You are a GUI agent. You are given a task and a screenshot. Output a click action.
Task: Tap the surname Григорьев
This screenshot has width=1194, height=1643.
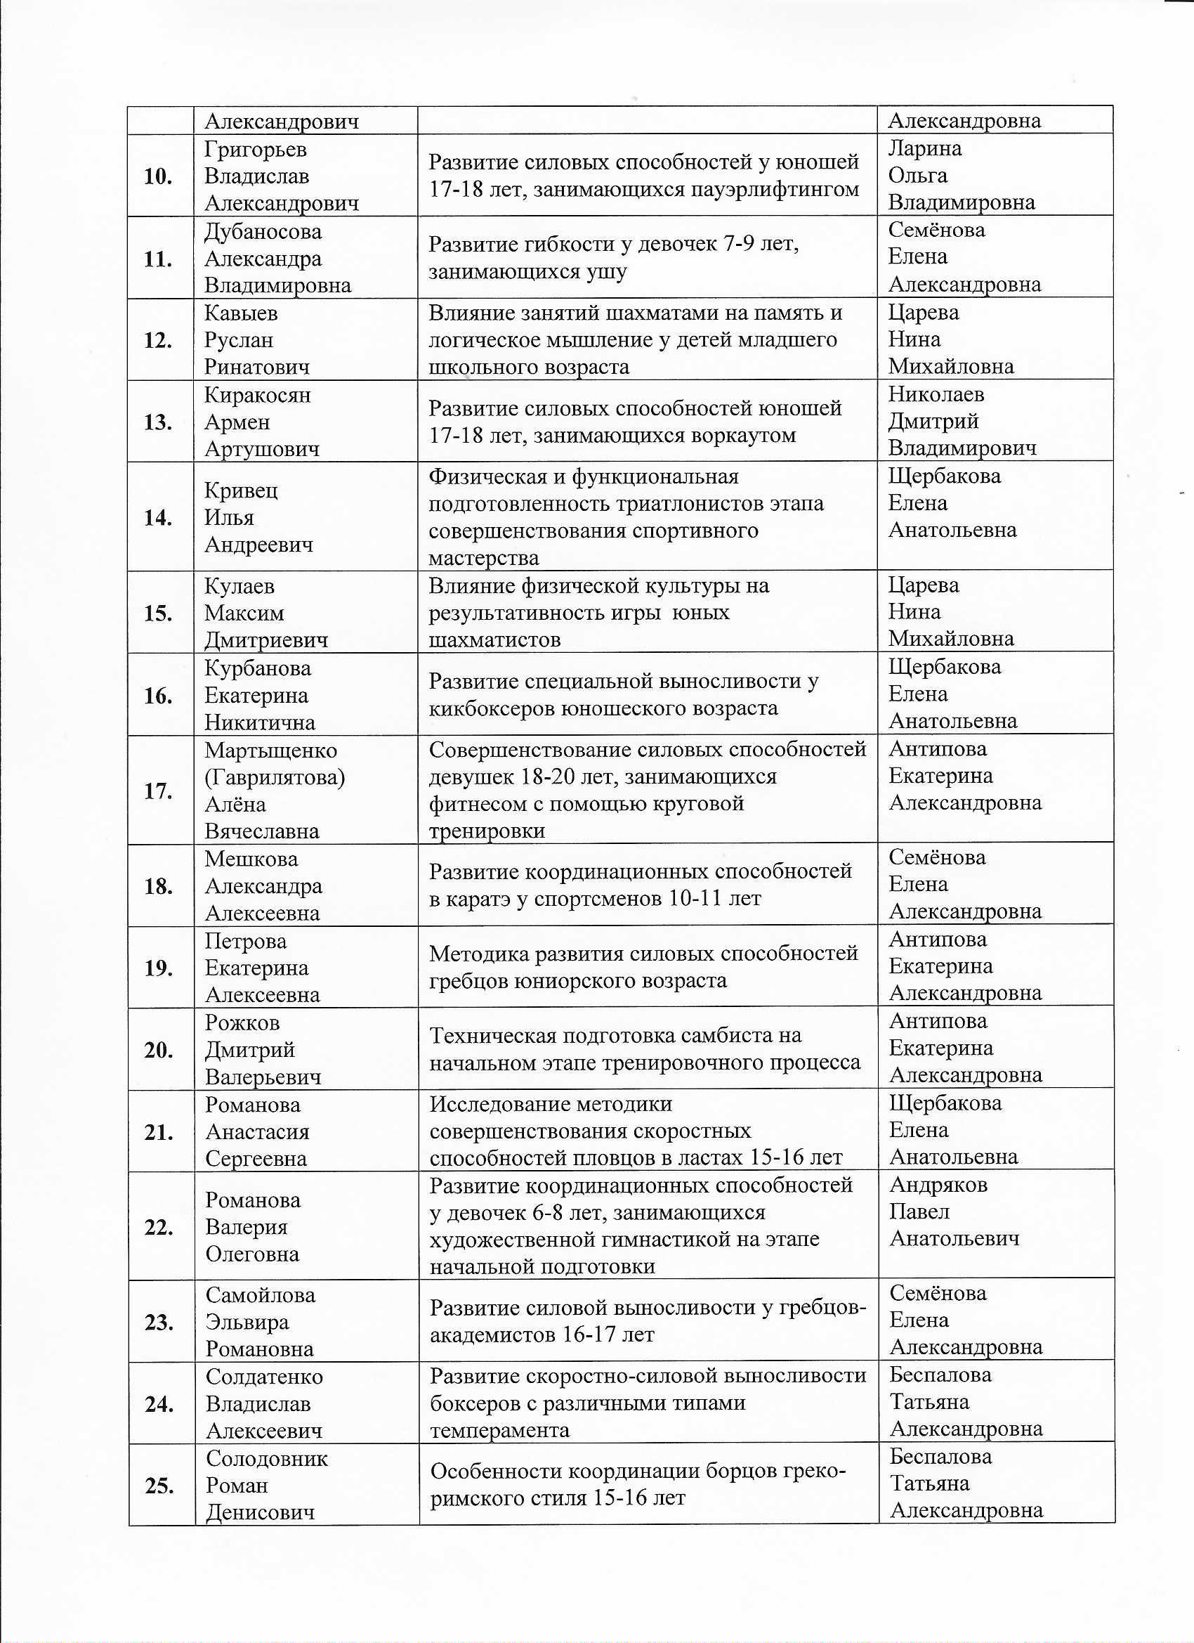255,150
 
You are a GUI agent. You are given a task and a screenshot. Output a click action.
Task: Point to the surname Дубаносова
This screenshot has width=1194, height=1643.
263,232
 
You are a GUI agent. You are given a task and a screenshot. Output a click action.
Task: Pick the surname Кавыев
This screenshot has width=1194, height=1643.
240,313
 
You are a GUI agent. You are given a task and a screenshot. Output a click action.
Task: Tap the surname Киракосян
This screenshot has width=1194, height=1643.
257,396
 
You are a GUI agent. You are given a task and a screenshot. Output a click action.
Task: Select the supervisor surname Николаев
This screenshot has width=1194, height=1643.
936,395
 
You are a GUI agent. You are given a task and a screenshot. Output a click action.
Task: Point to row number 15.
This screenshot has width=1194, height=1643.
158,613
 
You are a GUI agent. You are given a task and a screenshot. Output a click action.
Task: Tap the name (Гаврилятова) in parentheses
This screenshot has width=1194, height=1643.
275,778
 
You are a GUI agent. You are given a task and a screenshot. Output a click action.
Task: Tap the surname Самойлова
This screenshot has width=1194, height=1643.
260,1295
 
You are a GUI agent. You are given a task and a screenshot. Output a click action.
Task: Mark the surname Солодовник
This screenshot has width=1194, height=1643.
266,1459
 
